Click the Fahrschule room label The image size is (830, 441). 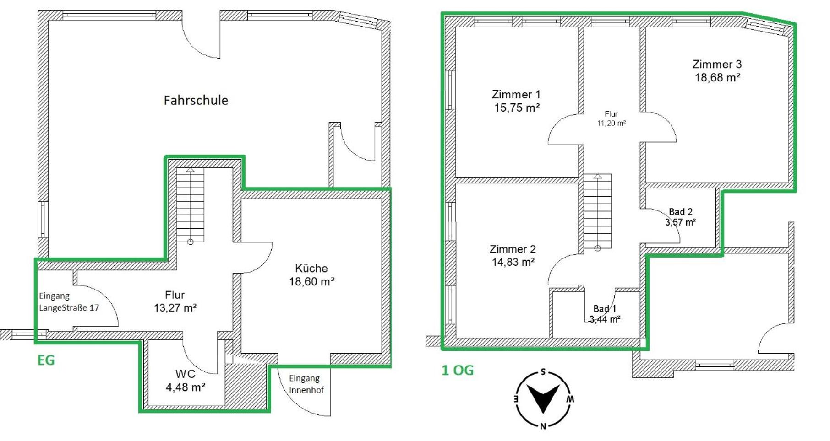coord(196,100)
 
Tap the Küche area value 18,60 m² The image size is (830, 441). coord(311,282)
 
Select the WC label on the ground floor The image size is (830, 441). coord(185,374)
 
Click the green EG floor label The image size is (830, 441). coord(46,360)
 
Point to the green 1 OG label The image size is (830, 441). coord(457,370)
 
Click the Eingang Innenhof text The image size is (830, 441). coord(306,384)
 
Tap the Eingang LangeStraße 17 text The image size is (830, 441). coord(69,302)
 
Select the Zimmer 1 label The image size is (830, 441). coord(516,95)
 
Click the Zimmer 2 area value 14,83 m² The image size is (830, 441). coord(513,263)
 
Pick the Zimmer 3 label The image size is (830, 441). coord(717,65)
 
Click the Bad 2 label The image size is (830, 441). coord(681,212)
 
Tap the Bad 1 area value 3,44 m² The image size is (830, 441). coord(605,319)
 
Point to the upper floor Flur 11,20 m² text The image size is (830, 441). coord(611,118)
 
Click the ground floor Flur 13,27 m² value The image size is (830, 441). coord(175,308)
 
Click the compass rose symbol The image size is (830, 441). coord(543,398)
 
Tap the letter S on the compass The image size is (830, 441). coord(543,371)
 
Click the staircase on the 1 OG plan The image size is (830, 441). coord(597,212)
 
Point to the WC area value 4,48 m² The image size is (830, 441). coord(185,387)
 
